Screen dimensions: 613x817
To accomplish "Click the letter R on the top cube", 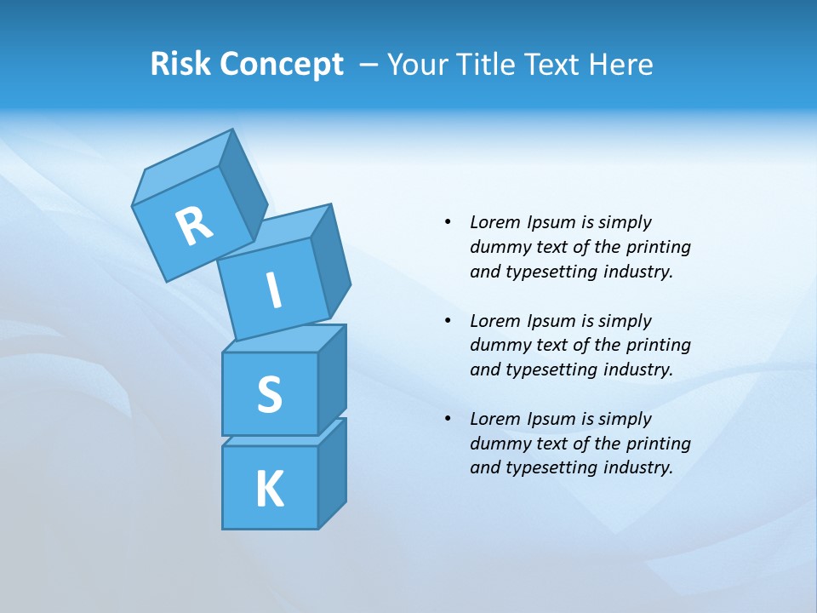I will tap(194, 226).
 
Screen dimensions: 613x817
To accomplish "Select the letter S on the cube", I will tap(269, 394).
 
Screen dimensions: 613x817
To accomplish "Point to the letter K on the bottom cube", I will tap(269, 490).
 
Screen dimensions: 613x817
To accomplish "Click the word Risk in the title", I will tap(181, 65).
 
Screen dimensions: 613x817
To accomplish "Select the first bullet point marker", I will tap(448, 222).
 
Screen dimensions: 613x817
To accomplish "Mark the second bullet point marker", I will tap(448, 321).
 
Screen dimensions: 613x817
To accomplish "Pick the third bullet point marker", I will tap(448, 419).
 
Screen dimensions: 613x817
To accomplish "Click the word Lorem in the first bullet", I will tap(494, 222).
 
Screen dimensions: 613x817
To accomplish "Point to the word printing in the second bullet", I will tap(659, 345).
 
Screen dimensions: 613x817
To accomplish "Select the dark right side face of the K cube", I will tap(332, 474).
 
